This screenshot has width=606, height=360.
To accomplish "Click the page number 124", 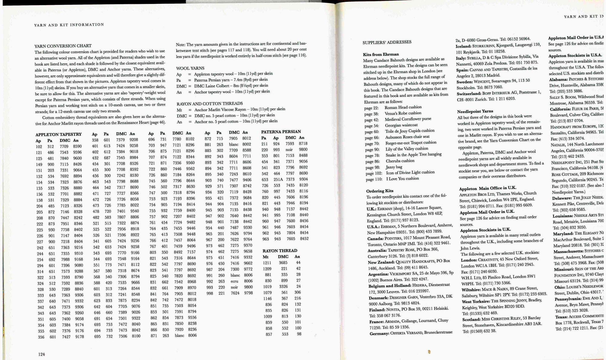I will [x=42, y=354].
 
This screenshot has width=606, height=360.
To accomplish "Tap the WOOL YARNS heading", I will [x=190, y=68].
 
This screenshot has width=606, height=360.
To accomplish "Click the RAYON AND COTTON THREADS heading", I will [x=210, y=104].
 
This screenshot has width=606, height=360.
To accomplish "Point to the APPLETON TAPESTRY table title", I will [x=58, y=134].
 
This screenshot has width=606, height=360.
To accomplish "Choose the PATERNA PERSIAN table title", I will [x=281, y=132].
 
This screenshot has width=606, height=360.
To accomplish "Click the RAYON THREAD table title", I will [x=280, y=251].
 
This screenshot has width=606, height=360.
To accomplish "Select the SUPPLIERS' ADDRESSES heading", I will [x=387, y=42].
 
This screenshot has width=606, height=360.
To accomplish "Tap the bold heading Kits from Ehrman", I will [x=381, y=54].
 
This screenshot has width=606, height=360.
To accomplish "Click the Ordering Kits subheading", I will [x=380, y=191].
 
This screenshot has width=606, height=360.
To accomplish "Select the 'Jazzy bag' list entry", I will [x=394, y=167].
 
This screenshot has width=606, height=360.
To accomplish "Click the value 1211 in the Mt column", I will [x=267, y=263].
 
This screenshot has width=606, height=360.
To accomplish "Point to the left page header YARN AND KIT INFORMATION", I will [x=69, y=25].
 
